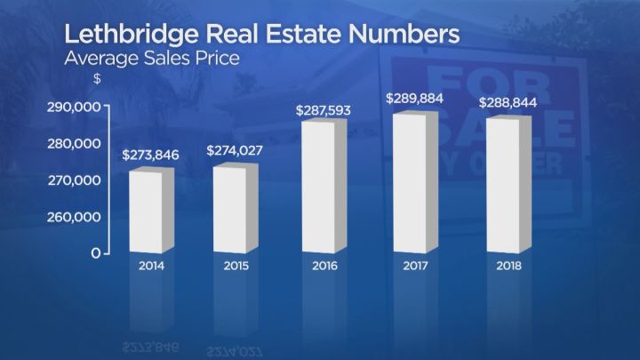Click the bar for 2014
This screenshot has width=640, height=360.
click(x=148, y=211)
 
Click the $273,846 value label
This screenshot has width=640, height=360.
click(x=151, y=155)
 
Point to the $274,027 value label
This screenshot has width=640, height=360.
click(x=236, y=151)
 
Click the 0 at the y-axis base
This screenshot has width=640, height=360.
click(x=95, y=253)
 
